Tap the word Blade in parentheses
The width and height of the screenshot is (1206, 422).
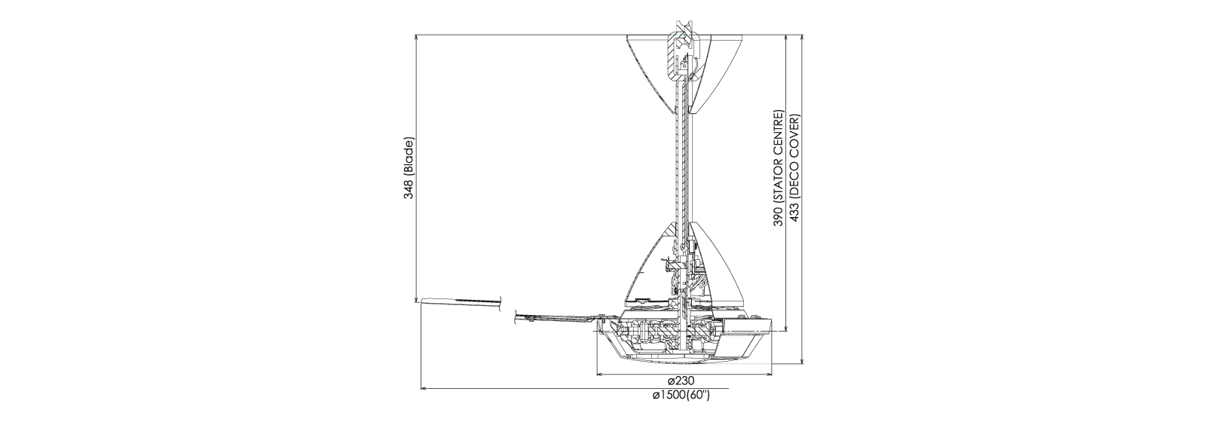coord(410,155)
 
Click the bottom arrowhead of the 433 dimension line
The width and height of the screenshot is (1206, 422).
coord(803,361)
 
